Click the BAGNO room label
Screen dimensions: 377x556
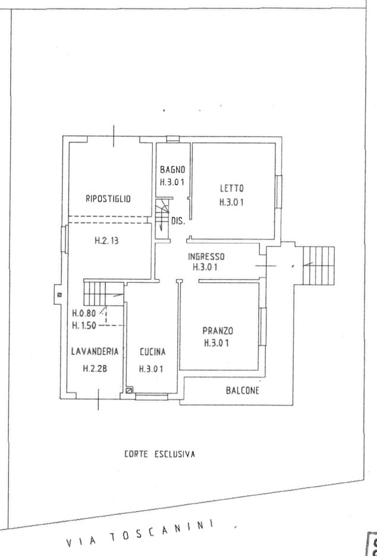(172, 170)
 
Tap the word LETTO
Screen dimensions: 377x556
(232, 188)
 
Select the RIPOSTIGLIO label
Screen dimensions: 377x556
(108, 199)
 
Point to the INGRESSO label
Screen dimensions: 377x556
(206, 257)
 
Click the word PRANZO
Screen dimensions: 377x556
(218, 331)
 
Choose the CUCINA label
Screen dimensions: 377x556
(152, 352)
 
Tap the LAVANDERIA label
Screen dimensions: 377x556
(95, 351)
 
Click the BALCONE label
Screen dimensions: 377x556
(243, 391)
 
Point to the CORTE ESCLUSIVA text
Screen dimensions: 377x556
(159, 454)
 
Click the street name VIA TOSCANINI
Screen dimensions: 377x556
(140, 533)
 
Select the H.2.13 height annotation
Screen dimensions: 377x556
(106, 241)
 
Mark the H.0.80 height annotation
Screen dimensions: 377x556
(84, 314)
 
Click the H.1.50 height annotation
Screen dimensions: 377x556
(84, 326)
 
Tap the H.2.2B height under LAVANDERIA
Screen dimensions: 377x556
(95, 368)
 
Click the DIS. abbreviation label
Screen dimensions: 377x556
(178, 221)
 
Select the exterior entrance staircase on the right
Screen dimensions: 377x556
(319, 266)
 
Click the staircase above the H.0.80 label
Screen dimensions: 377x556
(103, 293)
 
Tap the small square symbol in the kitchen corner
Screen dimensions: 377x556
(129, 391)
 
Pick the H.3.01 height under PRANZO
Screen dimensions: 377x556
(216, 343)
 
